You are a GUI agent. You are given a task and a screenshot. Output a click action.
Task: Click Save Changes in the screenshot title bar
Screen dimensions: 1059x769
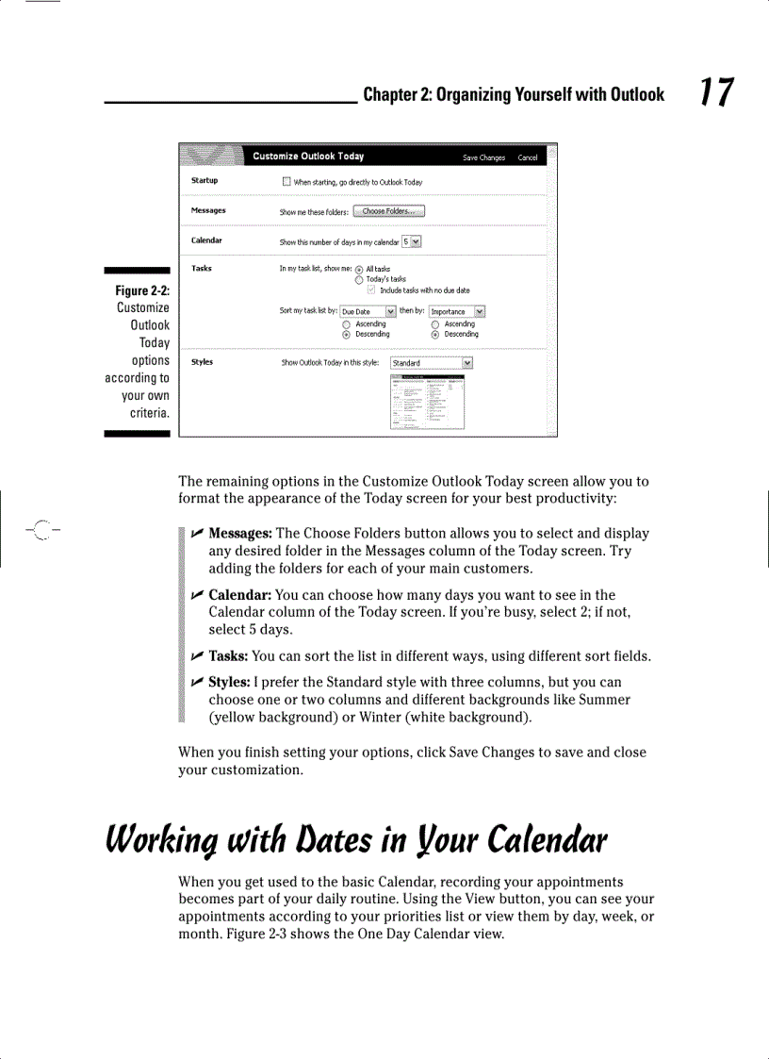pyautogui.click(x=483, y=157)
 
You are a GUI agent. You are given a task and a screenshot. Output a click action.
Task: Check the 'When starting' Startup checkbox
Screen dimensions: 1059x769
pyautogui.click(x=286, y=181)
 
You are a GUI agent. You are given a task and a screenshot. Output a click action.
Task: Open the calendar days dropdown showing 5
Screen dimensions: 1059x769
pyautogui.click(x=417, y=241)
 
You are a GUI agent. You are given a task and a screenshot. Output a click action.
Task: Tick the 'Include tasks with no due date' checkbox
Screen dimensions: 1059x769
pyautogui.click(x=372, y=290)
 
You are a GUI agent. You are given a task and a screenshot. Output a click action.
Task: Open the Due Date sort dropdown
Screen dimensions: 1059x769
pyautogui.click(x=390, y=311)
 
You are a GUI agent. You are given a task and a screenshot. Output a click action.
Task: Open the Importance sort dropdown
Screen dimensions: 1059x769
pyautogui.click(x=480, y=311)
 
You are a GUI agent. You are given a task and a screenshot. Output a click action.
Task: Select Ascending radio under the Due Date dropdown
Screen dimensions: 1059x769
pyautogui.click(x=346, y=323)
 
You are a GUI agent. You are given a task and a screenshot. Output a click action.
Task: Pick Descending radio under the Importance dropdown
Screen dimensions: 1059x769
pyautogui.click(x=435, y=334)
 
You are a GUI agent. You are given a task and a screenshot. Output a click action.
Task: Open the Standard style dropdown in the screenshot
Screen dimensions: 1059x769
pyautogui.click(x=467, y=363)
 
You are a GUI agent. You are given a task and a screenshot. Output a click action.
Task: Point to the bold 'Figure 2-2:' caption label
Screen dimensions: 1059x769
pyautogui.click(x=142, y=290)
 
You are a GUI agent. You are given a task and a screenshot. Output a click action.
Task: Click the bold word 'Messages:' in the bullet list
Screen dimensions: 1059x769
pyautogui.click(x=240, y=534)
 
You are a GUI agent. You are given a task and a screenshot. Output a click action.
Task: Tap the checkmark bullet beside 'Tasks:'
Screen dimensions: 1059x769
pyautogui.click(x=197, y=656)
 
